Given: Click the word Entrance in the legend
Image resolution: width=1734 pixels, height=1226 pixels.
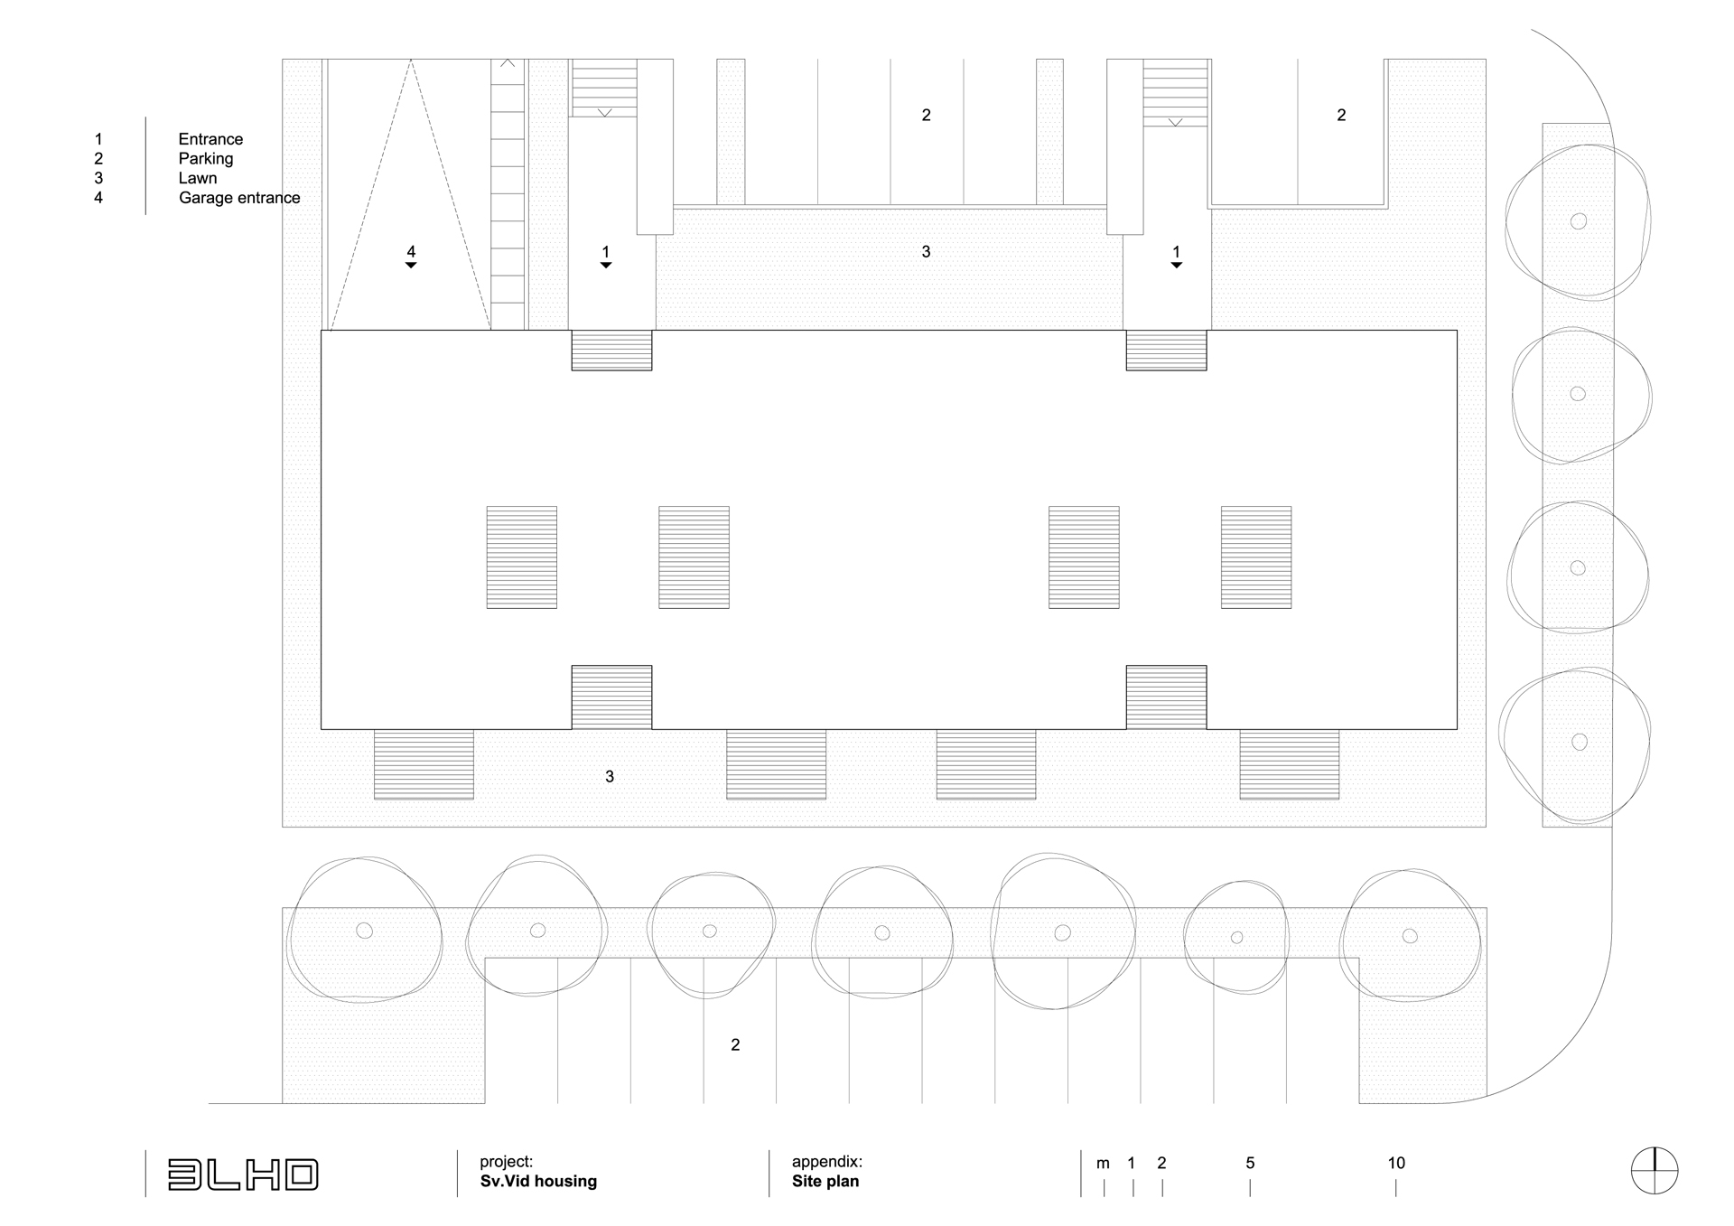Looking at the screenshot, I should pos(210,139).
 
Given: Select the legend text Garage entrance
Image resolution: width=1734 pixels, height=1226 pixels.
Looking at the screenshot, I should pos(239,198).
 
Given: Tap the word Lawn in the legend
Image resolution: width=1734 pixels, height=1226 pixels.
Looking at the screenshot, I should pos(198,178).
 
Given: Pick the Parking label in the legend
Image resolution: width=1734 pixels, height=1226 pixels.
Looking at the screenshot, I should pos(206,159).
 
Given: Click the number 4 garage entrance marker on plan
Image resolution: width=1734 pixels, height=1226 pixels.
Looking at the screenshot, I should pos(411,252).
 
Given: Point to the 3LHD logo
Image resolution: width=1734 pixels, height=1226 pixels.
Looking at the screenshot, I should pos(243,1175).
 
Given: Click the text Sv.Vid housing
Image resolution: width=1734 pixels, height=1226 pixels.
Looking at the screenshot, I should pos(538,1182).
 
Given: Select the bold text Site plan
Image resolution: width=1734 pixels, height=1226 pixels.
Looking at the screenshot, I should pos(825,1182).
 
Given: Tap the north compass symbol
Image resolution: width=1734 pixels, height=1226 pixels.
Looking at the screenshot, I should pos(1655,1171).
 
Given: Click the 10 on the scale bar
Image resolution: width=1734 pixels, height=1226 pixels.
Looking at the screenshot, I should pos(1396,1164).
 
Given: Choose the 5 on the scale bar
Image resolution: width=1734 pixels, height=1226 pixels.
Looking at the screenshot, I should pos(1250,1164).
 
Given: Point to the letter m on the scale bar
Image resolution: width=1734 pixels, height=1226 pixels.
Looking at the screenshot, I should pos(1103,1164).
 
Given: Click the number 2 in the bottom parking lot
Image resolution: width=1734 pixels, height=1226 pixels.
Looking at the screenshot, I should pos(735,1045).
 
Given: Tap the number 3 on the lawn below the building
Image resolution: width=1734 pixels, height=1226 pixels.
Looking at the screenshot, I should pos(610,777).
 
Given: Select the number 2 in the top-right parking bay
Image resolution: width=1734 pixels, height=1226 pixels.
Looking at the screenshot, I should pos(1341,116).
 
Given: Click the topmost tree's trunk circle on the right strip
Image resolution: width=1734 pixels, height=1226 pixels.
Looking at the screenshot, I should pos(1579,221).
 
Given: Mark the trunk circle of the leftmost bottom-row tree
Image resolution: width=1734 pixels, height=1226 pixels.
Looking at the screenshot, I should pos(364,931).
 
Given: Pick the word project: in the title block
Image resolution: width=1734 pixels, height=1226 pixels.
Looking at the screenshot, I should pos(506,1162).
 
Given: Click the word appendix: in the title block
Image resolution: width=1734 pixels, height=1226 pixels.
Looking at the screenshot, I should pos(826,1162).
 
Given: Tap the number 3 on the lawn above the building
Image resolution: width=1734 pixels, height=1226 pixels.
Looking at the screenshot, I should pos(926,252).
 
